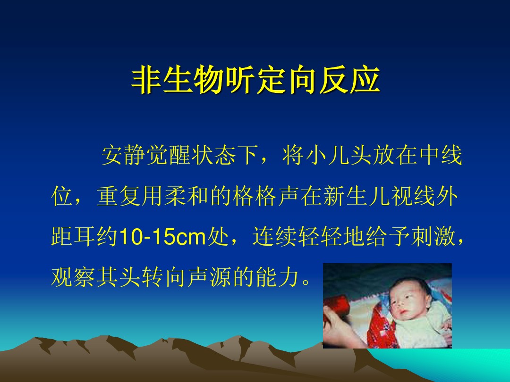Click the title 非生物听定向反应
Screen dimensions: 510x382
click(x=255, y=80)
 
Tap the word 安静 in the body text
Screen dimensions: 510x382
click(x=124, y=155)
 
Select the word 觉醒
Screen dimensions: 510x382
click(x=169, y=155)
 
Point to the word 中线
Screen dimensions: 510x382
click(x=440, y=155)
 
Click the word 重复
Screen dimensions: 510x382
click(x=119, y=196)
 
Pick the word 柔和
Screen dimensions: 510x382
click(x=187, y=196)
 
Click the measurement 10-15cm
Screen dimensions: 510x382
click(x=162, y=237)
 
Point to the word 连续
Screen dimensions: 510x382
click(x=275, y=236)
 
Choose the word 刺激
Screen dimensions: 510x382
click(x=433, y=236)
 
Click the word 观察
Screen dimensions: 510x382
click(x=74, y=277)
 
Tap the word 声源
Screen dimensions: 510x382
click(x=210, y=277)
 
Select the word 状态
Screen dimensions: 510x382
click(x=214, y=155)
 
